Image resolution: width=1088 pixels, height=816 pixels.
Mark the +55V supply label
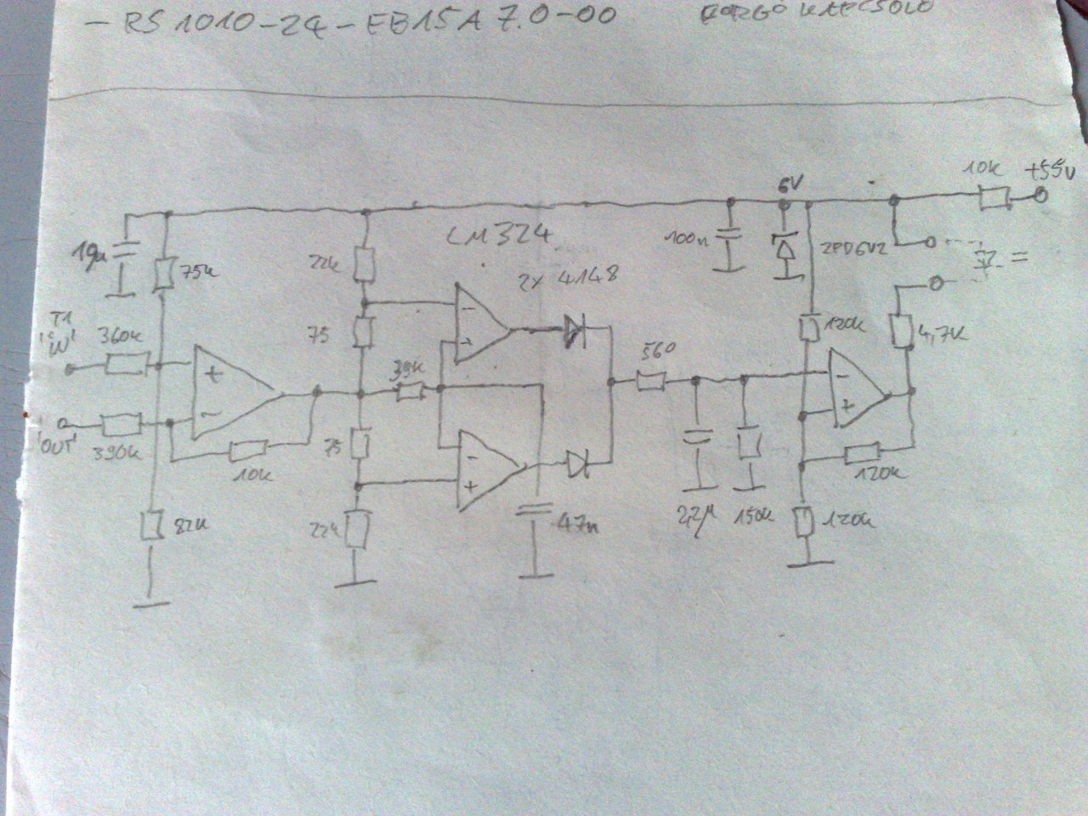[1049, 170]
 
